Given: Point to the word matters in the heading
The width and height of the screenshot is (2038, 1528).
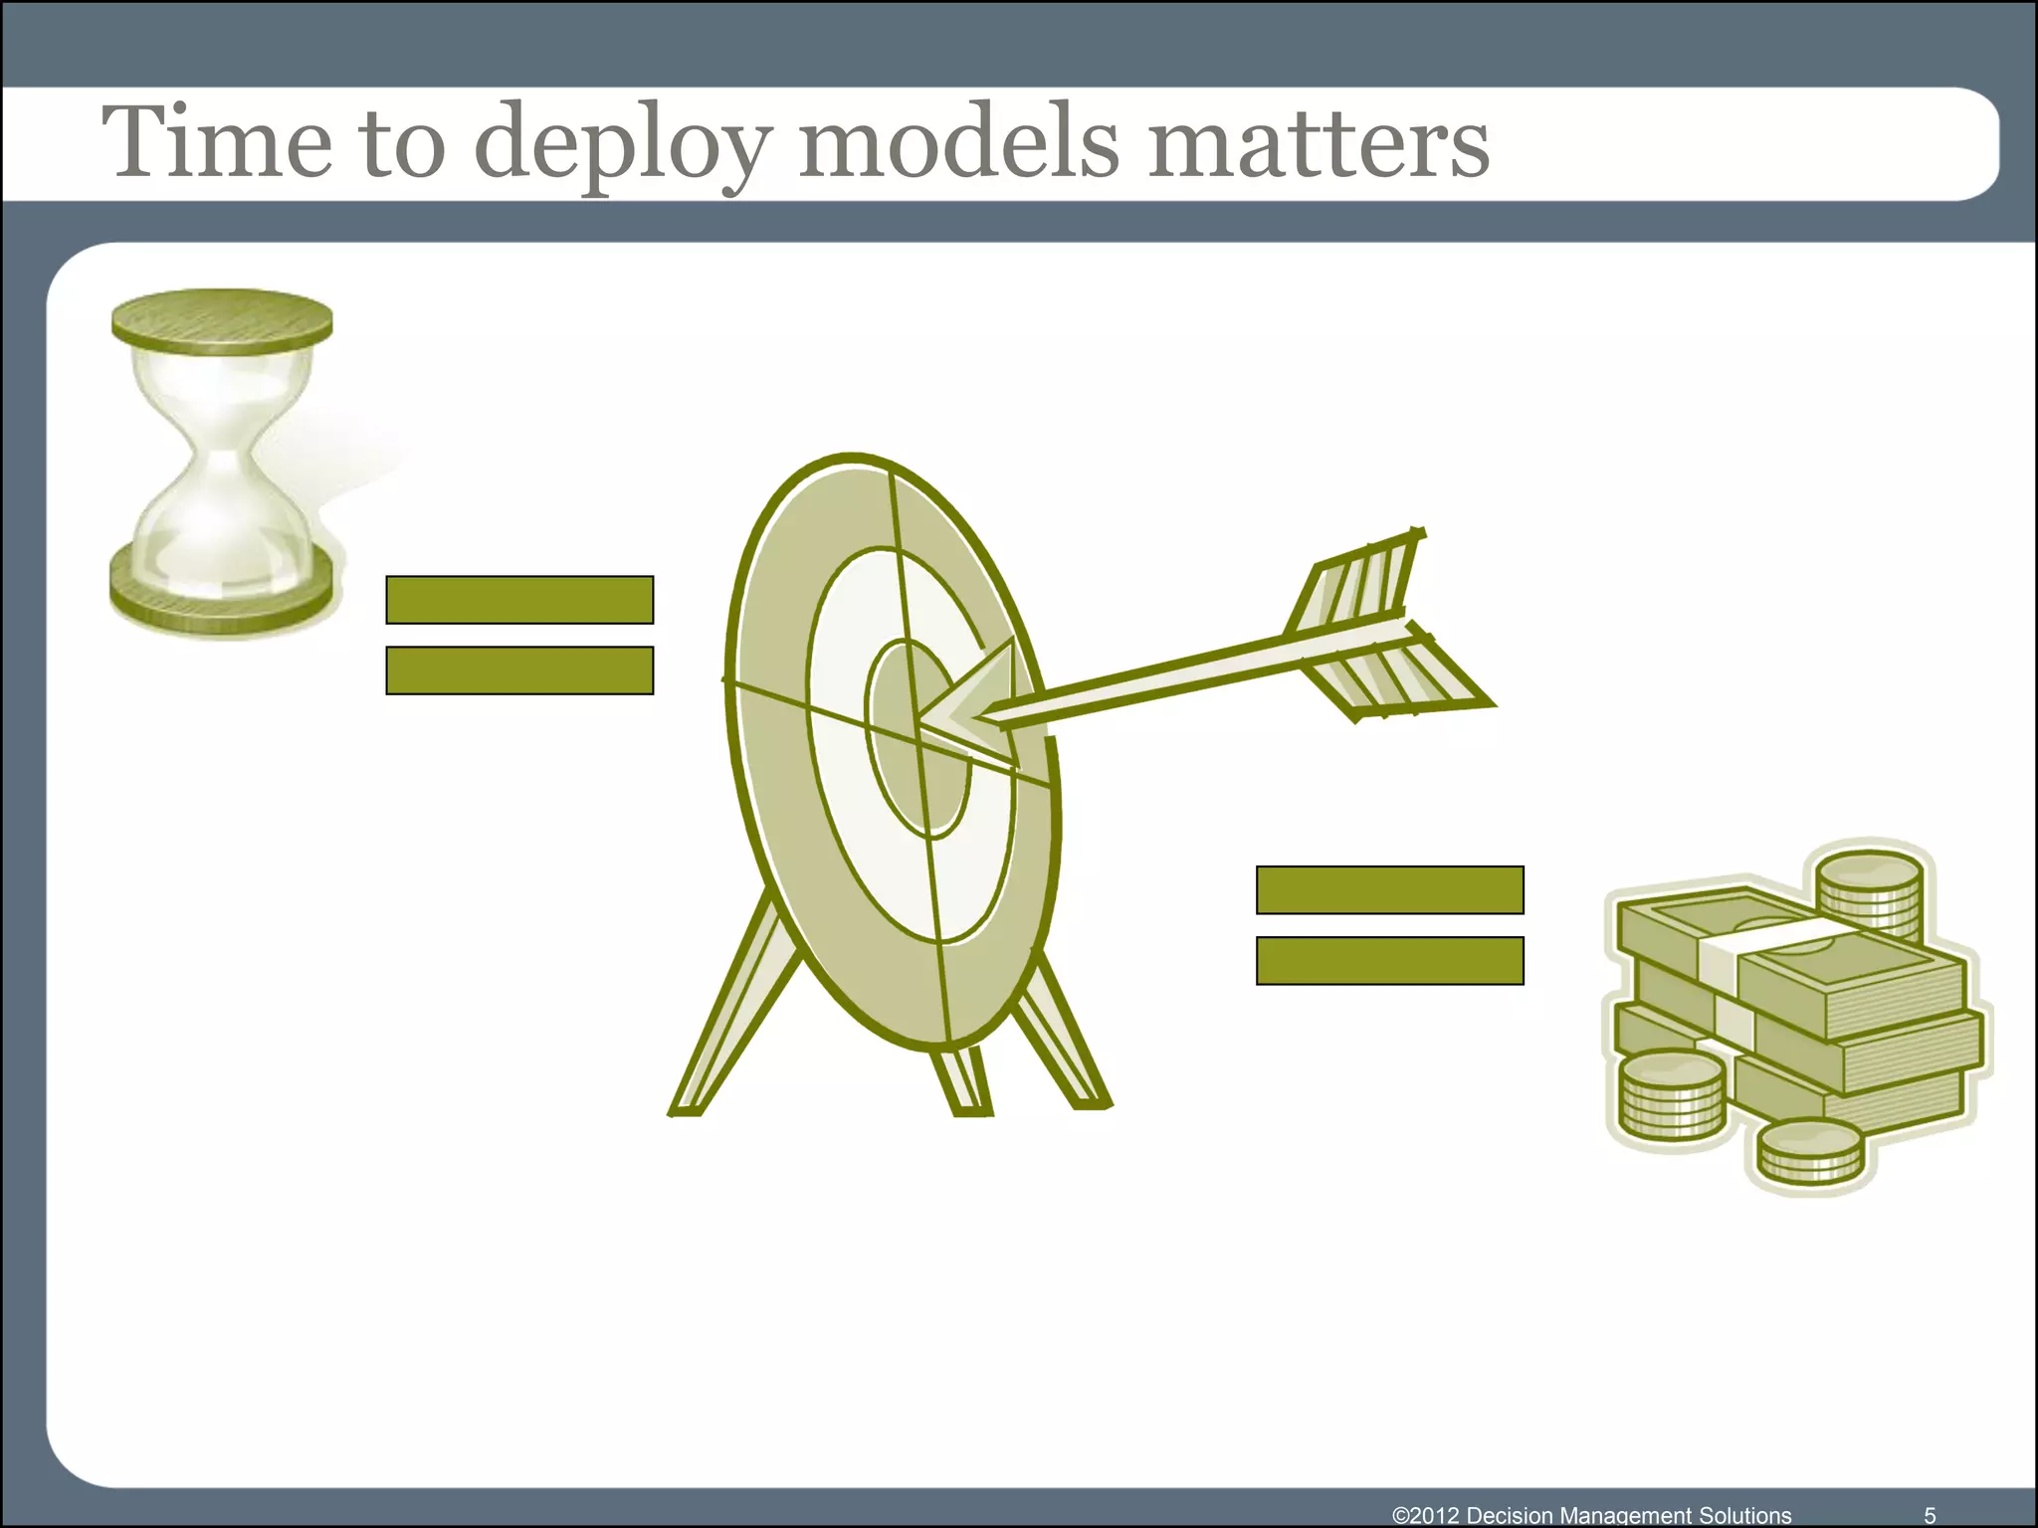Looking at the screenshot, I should tap(1319, 144).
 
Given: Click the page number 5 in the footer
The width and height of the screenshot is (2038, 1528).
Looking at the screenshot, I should tap(1930, 1515).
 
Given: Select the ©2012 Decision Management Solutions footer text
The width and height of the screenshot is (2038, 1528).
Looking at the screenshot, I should tap(1591, 1515).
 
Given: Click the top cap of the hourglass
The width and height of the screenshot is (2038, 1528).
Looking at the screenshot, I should tap(222, 320).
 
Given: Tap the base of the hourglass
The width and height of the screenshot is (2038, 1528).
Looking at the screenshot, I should tap(221, 592).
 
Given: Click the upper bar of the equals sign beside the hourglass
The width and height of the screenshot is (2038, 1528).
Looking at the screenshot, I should tap(519, 600).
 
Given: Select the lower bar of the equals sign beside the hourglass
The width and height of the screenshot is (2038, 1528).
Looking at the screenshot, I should tap(519, 670).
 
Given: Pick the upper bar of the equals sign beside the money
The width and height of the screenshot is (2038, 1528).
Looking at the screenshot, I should tap(1389, 890).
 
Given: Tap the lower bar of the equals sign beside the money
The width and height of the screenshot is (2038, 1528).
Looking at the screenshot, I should tap(1389, 961).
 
